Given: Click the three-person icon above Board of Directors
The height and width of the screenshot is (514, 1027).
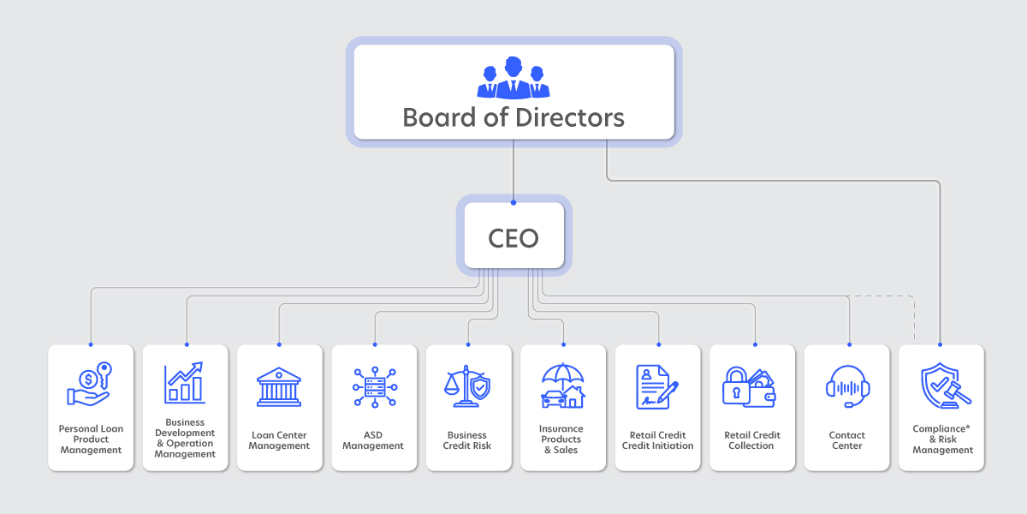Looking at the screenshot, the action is [x=513, y=78].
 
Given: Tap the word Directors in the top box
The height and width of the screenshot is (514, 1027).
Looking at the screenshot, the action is [x=569, y=117].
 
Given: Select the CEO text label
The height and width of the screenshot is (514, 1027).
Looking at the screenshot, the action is [x=513, y=238].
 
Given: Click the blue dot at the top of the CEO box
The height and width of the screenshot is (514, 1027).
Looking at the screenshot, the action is [x=513, y=202].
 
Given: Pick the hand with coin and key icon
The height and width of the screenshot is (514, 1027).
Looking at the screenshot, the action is [x=89, y=384].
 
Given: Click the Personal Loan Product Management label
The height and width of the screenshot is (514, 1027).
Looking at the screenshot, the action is [x=91, y=439].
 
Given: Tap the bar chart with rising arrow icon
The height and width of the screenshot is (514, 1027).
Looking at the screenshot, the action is [x=184, y=383].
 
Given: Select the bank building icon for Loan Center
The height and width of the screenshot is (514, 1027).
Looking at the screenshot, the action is [x=279, y=387].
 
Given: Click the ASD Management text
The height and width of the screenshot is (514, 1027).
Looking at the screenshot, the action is [x=373, y=440].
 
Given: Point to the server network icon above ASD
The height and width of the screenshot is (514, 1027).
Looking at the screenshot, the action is [x=375, y=387].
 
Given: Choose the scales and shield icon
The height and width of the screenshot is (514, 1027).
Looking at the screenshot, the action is [x=467, y=386].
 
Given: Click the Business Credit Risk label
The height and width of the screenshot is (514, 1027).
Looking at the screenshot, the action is [x=466, y=440].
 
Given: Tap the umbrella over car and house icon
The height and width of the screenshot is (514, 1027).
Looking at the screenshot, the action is [x=562, y=385].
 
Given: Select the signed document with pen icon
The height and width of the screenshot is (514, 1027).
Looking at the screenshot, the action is [x=656, y=387].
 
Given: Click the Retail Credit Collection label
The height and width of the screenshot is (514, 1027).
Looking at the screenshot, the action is [x=752, y=440].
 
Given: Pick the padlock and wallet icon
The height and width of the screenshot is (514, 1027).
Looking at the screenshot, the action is [x=749, y=387].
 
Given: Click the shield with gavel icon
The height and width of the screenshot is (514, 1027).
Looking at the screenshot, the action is [x=946, y=385].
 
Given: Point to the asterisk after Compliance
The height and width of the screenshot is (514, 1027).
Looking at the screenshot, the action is [x=968, y=427].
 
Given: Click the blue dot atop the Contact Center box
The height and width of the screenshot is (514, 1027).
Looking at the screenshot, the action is [x=849, y=344].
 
